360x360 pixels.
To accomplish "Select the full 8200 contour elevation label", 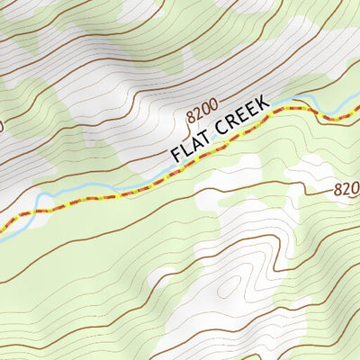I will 203,112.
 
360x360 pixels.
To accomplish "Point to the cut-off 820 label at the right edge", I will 346,189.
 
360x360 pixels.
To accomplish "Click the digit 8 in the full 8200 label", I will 191,117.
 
